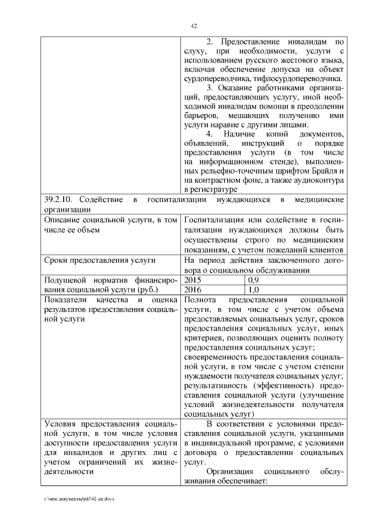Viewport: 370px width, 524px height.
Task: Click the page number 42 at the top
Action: (194, 25)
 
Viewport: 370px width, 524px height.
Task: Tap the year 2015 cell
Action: (193, 280)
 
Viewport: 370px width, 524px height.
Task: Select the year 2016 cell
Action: (193, 290)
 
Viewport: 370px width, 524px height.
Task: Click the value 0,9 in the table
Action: (253, 280)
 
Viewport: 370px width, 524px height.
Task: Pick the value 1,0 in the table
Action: (253, 290)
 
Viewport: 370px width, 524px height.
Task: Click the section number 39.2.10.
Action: (60, 200)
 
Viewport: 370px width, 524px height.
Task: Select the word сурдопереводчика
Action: (217, 79)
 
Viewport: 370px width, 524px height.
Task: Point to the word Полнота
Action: (200, 299)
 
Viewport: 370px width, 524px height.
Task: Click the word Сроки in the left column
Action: (57, 260)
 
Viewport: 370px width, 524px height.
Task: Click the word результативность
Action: (217, 385)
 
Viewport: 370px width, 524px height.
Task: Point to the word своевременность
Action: (219, 356)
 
